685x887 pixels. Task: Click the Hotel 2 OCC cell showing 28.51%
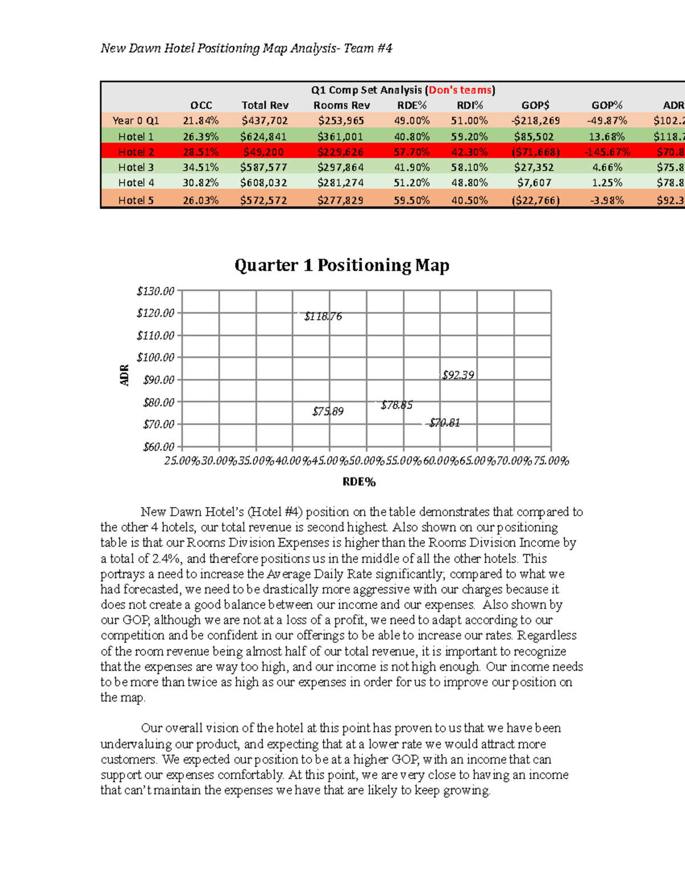point(200,152)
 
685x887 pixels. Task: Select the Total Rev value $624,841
point(264,137)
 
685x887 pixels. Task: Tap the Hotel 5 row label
point(136,200)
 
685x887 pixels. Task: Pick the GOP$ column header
point(535,105)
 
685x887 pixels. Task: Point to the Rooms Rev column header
point(341,105)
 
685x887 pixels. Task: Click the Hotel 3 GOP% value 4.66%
point(606,167)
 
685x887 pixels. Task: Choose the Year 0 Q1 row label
point(136,121)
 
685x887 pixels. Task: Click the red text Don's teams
point(460,90)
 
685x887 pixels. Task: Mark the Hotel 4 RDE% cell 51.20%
point(411,183)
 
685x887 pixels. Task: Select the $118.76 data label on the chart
point(323,316)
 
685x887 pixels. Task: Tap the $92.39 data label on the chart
point(458,375)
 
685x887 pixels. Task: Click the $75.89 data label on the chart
point(328,411)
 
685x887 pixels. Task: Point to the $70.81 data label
point(445,423)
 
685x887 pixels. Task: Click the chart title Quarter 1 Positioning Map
point(342,265)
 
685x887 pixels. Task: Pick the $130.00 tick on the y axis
point(155,291)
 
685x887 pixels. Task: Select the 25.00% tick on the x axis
point(182,461)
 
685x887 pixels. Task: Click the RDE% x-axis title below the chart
point(359,482)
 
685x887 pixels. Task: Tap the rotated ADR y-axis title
point(124,375)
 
